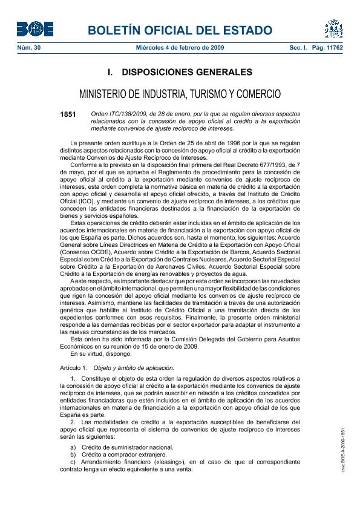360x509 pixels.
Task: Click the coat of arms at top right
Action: (333, 28)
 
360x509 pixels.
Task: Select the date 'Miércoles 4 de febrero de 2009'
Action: (180, 47)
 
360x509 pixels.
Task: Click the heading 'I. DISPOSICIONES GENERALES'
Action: (180, 73)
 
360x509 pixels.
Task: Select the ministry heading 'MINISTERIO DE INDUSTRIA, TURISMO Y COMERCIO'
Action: (180, 94)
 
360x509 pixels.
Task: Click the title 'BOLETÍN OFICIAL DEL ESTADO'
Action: (180, 30)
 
